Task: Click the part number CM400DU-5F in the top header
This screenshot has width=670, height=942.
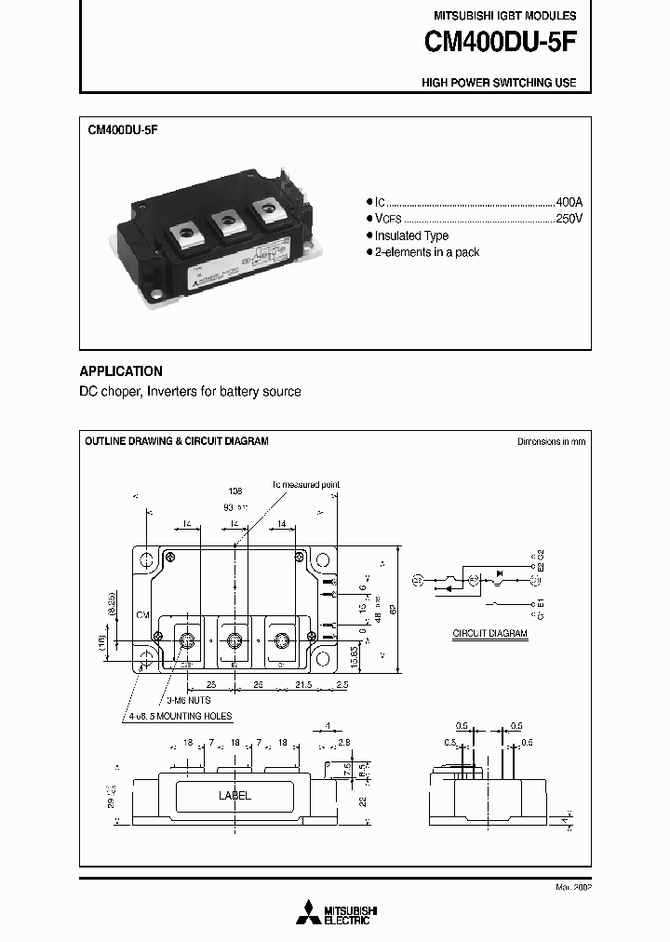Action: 500,42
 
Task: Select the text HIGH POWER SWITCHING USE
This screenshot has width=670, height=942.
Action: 499,83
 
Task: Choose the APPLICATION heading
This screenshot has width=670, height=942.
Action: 121,370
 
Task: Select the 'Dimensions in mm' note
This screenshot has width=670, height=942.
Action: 551,441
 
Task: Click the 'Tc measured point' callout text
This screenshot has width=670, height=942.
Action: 305,485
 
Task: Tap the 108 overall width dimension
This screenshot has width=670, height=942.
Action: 235,490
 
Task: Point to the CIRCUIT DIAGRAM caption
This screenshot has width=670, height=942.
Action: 489,633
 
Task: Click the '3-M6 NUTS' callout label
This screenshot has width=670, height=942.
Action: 188,698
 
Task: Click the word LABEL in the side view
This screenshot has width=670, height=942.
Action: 234,796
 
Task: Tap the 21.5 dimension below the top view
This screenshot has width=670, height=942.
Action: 302,684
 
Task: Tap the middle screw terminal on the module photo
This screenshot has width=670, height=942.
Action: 225,222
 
